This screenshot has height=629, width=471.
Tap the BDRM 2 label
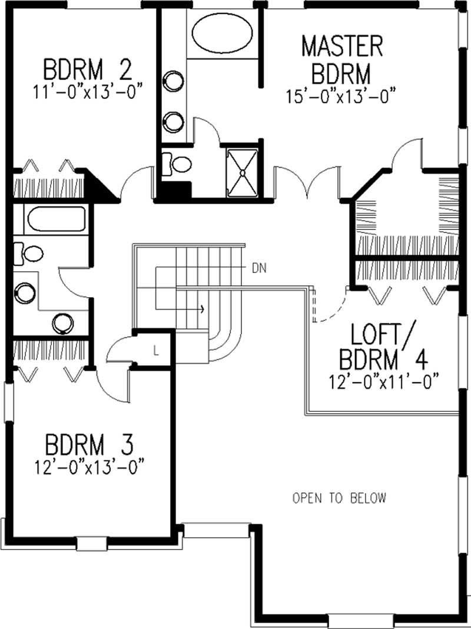pos(87,69)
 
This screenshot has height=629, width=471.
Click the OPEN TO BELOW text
pos(340,498)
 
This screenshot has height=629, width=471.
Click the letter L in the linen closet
pos(155,351)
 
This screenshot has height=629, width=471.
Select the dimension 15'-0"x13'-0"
pos(340,95)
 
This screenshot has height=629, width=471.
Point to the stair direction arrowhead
pos(202,308)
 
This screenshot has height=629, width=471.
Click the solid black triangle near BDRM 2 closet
pos(97,185)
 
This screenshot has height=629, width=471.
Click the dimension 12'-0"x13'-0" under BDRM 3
pos(89,465)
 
